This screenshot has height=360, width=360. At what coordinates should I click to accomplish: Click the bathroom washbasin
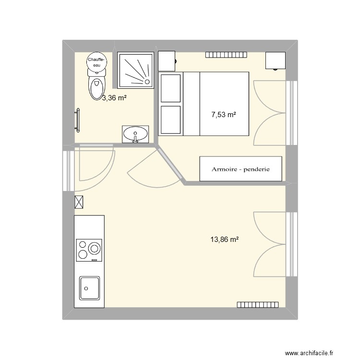pos(136,134)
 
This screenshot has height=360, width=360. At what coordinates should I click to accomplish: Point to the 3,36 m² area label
pos(114,98)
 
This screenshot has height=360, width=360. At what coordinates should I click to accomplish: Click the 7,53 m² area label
pos(224,115)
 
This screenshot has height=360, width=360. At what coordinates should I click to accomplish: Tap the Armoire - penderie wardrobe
pos(240,169)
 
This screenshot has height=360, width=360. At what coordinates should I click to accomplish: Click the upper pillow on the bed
pos(170,88)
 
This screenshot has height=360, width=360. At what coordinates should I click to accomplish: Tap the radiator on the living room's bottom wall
pos(258,304)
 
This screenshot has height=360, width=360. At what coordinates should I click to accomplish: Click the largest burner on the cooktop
pos(94,249)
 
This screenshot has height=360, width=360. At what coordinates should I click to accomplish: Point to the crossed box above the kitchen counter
pos(80,203)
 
